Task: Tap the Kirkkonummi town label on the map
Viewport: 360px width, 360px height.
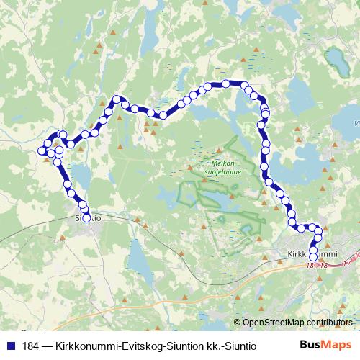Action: (312, 253)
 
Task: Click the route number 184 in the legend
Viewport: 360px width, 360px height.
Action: (32, 346)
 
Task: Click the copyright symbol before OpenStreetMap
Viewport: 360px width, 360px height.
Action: (237, 322)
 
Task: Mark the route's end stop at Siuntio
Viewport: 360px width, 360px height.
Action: (87, 217)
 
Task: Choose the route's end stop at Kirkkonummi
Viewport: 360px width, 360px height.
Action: (312, 256)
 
